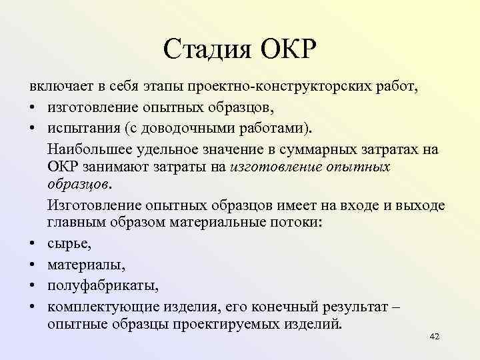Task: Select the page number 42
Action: [435, 337]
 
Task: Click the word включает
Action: [59, 88]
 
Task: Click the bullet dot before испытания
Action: [31, 127]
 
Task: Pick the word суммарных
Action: [321, 147]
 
